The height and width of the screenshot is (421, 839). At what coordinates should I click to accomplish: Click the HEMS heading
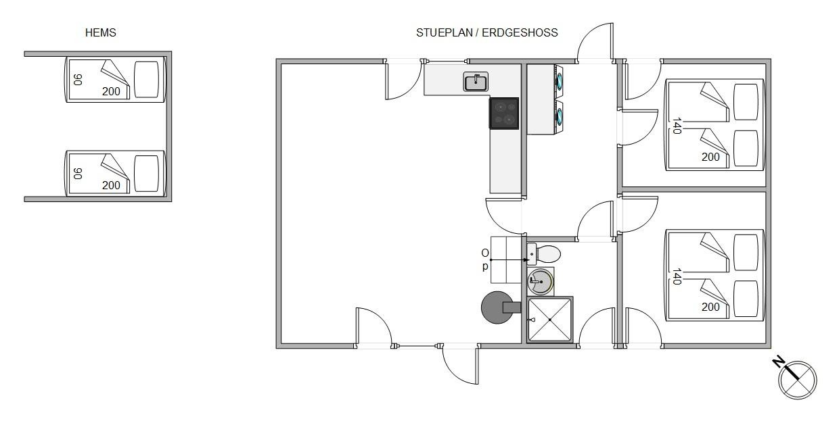coord(100,33)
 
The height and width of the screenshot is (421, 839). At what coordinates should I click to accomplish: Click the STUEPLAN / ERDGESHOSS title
coord(487,33)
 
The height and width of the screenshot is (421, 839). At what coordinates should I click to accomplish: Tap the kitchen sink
coord(476,82)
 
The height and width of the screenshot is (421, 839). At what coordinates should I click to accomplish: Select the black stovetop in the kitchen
coord(504,114)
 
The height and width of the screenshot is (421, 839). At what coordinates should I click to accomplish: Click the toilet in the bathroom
coord(543,253)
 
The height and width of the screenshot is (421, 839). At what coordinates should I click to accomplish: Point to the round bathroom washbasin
coord(540,281)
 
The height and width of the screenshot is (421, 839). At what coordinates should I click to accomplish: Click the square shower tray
coord(549,320)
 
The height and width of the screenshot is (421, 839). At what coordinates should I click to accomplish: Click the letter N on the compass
coord(778,362)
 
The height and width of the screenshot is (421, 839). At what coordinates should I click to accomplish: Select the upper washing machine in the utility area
coord(559,82)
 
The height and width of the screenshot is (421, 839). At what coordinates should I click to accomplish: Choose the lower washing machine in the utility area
coord(559,117)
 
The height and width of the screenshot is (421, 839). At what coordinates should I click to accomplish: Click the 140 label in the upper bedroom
coord(677,126)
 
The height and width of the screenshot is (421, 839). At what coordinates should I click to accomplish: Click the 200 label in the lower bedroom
coord(710,307)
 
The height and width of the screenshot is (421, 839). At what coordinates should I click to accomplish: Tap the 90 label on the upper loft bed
coord(78,80)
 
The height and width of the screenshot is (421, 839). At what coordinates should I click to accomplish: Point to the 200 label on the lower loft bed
coord(111,185)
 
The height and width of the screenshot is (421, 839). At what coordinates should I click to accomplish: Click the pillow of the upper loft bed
coord(146,80)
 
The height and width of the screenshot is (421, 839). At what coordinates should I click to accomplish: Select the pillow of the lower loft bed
coord(146,174)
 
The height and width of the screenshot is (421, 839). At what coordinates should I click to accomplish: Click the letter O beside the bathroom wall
coord(485,253)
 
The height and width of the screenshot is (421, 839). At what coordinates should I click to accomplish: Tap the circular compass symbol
coord(798,380)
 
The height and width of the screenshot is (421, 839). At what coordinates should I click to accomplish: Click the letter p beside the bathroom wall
coord(485,266)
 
